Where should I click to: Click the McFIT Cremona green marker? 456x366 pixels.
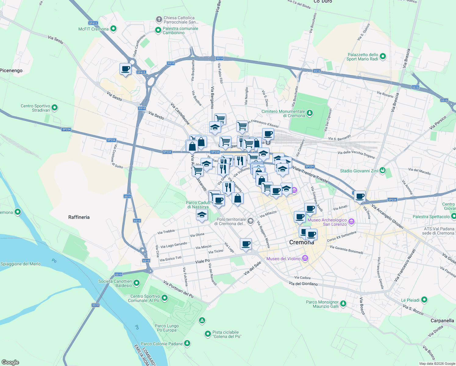[113, 29]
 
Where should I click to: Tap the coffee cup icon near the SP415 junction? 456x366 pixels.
[125, 69]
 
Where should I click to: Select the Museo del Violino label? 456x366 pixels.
[283, 259]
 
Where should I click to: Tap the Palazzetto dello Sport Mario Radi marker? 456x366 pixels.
[383, 56]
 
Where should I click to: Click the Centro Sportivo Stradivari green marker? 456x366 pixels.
[55, 108]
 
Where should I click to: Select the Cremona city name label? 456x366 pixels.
[301, 242]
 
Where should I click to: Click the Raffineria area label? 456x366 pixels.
[79, 217]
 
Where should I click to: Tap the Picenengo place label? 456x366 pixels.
[11, 70]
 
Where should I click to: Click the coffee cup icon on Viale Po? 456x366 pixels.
[246, 244]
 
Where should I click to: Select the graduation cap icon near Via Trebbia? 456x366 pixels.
[202, 215]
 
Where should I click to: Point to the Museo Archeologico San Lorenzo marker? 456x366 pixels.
[351, 222]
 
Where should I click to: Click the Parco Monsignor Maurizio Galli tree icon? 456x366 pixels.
[343, 304]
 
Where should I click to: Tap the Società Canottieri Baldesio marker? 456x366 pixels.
[137, 283]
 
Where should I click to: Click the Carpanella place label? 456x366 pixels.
[442, 321]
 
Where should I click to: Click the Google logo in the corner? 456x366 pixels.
[10, 362]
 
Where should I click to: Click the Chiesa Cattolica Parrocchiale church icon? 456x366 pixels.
[159, 20]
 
